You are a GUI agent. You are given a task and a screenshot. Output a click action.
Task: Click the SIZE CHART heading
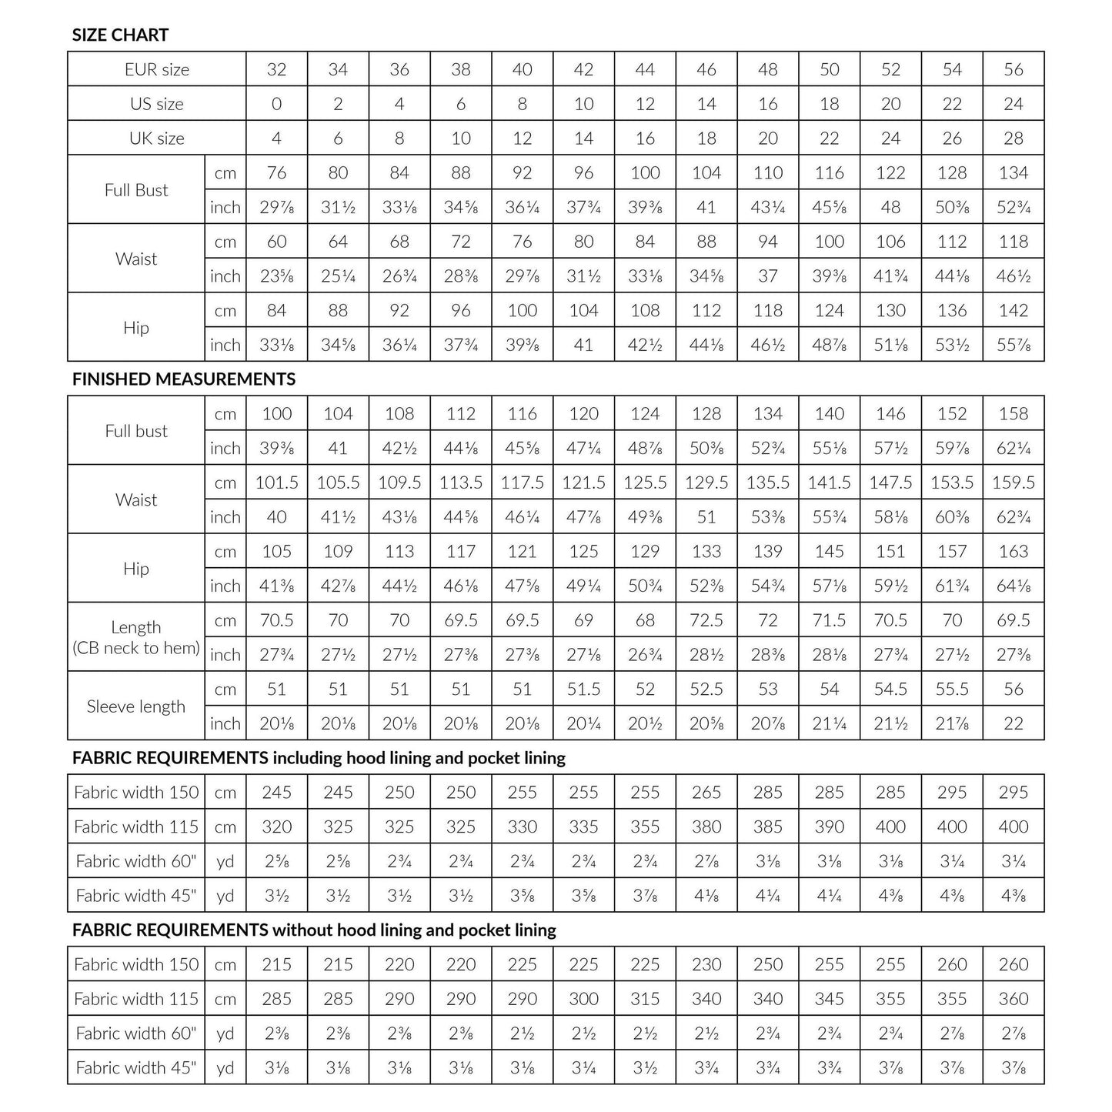[x=120, y=35]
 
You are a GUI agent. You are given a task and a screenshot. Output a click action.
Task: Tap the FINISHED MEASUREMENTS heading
[x=184, y=379]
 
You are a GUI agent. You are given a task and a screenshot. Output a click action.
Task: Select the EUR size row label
[x=157, y=69]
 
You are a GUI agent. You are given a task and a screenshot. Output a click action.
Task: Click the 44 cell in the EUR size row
[x=645, y=69]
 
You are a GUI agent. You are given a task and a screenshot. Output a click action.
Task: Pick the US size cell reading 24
[x=1013, y=104]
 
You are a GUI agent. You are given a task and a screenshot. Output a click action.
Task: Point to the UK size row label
[x=157, y=139]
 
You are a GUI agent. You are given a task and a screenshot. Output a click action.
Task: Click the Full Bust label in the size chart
[x=136, y=190]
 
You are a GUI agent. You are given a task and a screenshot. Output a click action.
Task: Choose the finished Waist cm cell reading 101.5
[x=276, y=483]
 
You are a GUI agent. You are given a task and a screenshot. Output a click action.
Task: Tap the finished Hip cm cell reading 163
[x=1013, y=552]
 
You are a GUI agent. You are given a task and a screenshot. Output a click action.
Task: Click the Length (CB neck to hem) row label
[x=136, y=637]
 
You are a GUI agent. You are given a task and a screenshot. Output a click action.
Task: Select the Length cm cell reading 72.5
[x=706, y=620]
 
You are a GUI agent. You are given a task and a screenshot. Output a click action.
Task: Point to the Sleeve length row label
[x=136, y=706]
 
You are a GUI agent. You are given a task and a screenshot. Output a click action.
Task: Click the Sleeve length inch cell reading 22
[x=1013, y=723]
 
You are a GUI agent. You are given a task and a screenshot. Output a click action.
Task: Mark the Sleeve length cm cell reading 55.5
[x=952, y=690]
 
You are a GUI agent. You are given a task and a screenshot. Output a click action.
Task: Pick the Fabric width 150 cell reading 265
[x=706, y=793]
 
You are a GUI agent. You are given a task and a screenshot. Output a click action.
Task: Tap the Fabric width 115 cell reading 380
[x=706, y=827]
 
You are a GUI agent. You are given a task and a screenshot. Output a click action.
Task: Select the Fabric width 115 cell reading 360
[x=1013, y=999]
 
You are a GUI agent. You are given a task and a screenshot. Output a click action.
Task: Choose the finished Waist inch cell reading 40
[x=276, y=517]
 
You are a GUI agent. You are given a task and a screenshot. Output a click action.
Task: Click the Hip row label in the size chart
[x=136, y=328]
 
